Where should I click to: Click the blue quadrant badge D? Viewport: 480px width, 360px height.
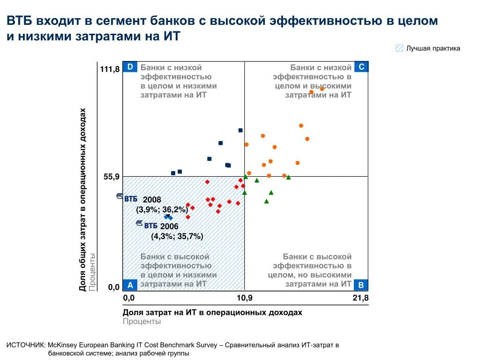pos(130,67)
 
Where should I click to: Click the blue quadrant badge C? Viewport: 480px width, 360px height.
pos(361,67)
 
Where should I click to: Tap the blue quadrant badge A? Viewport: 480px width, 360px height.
pos(130,285)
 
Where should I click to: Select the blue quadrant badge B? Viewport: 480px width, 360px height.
pos(361,285)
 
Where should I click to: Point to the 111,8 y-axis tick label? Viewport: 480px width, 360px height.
pos(110,69)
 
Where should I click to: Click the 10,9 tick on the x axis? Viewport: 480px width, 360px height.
pos(244,298)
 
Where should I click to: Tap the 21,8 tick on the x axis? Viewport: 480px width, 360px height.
pos(360,298)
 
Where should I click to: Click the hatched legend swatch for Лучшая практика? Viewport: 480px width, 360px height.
pos(399,48)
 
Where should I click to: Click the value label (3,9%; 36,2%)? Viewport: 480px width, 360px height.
pos(162,209)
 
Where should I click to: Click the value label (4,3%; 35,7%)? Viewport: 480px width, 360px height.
pos(177,236)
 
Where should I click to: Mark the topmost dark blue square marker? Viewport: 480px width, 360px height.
pos(240,130)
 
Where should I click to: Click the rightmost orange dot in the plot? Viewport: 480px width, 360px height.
pos(322,89)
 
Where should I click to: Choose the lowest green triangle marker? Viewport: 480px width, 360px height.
pos(266,201)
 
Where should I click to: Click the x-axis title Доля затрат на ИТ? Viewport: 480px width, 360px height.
pos(212,312)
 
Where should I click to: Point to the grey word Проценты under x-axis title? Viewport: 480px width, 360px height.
pos(142,322)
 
